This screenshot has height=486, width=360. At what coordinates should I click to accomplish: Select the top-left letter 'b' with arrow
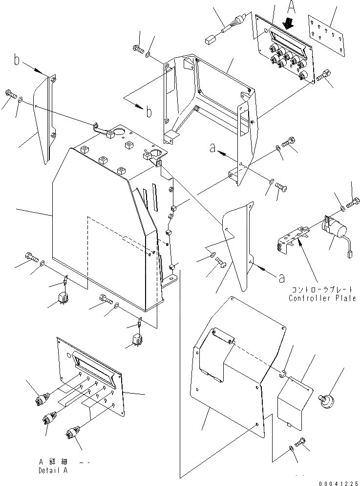tap(18, 61)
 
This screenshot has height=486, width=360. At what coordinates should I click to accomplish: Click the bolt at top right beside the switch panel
tap(325, 75)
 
